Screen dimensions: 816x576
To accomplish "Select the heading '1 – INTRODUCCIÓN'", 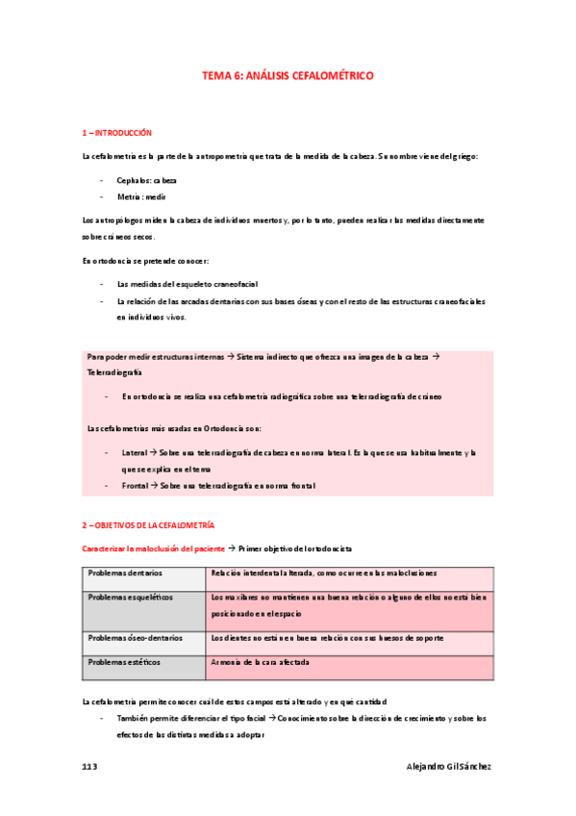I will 117,132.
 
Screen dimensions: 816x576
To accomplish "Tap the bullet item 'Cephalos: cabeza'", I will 146,180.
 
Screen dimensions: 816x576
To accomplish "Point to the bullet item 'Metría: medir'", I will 141,196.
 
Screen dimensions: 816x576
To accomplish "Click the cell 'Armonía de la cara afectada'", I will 260,662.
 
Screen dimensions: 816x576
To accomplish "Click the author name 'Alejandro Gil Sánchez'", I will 449,766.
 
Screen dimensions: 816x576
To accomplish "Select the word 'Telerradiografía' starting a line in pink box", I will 114,371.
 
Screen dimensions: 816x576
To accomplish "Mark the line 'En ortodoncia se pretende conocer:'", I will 144,261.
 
